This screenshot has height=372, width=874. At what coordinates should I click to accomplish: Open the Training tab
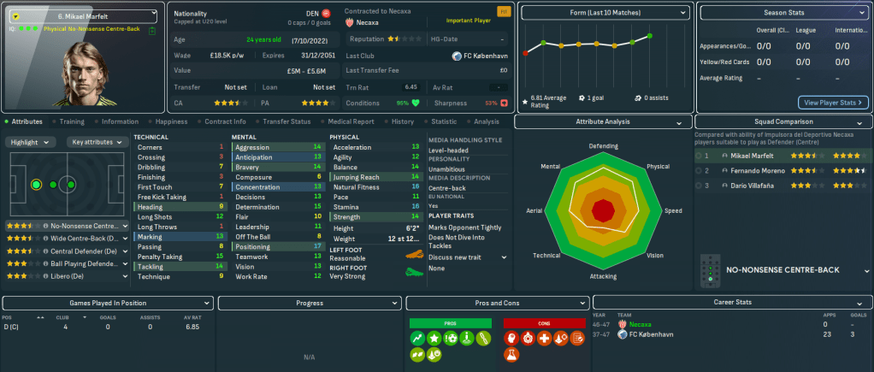[72, 121]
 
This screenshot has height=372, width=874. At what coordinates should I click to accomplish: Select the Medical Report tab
[350, 121]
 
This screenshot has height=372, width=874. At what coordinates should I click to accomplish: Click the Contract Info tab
[226, 121]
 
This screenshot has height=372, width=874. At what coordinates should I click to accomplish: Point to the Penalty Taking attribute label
[160, 256]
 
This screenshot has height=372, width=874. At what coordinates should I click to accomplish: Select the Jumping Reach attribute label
[357, 177]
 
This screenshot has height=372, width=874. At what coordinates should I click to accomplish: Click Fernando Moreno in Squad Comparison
[756, 171]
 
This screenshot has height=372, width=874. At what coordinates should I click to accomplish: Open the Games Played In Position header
[107, 303]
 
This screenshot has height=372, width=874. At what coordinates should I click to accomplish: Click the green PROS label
[451, 323]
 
